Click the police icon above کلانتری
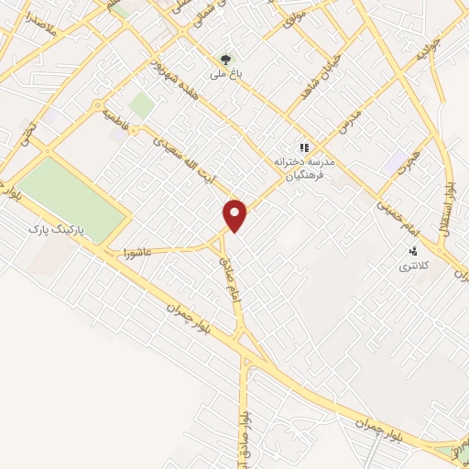413,249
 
